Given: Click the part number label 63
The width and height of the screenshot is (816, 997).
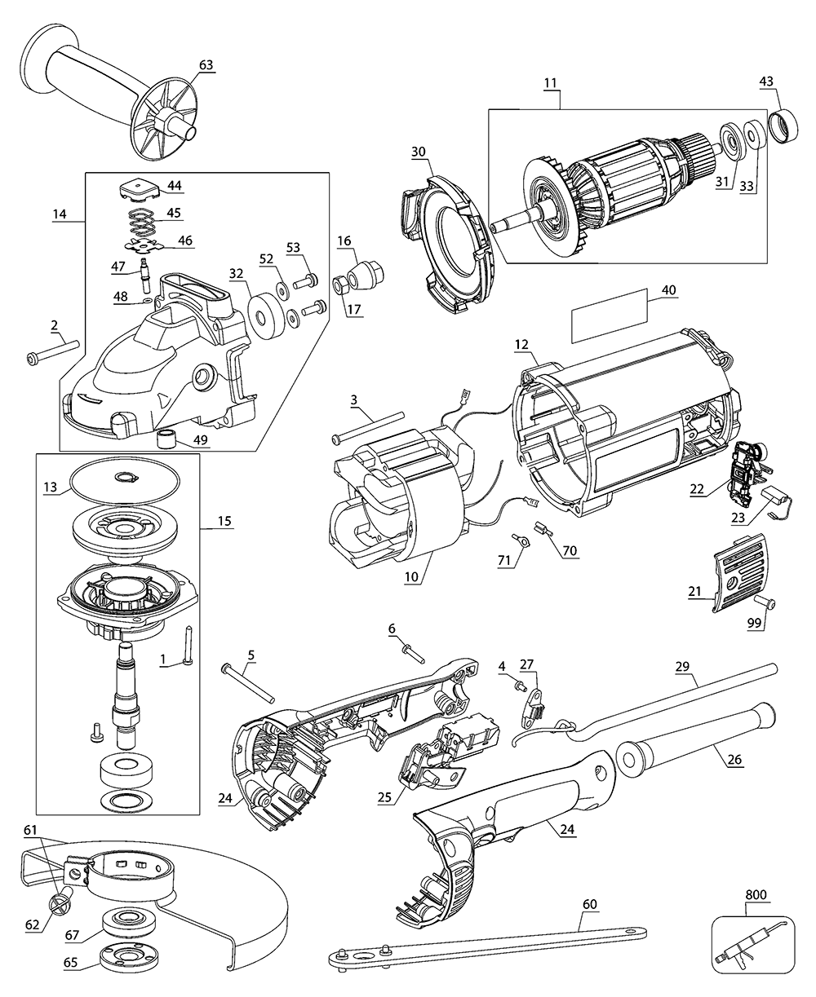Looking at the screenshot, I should click(205, 64).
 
